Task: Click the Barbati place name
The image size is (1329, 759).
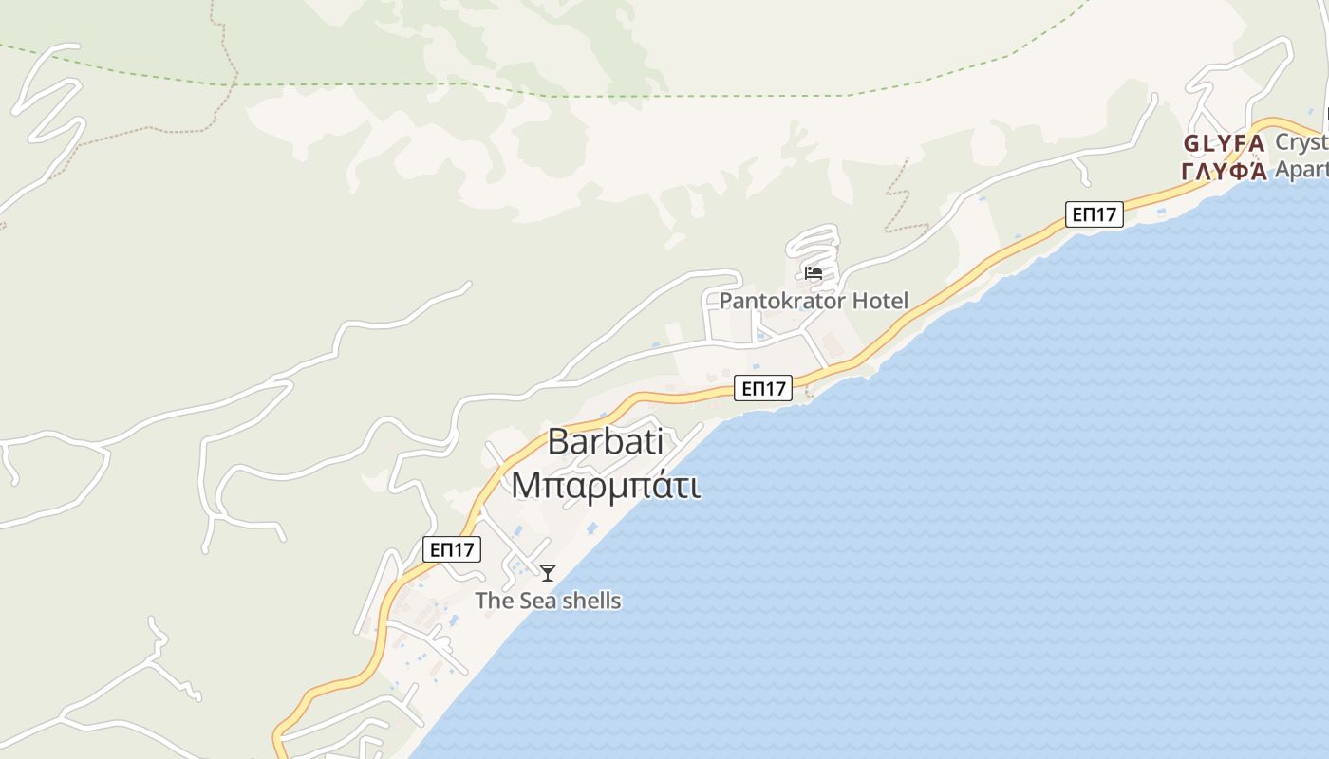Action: (606, 442)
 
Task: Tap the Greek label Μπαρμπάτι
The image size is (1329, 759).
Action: (606, 485)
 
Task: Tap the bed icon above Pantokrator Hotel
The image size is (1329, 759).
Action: (814, 273)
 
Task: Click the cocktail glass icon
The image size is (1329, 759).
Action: (548, 572)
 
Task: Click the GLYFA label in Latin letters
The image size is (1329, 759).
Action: (1224, 145)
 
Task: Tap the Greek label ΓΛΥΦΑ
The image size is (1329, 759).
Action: (1224, 172)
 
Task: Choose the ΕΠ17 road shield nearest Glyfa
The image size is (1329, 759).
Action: (1094, 214)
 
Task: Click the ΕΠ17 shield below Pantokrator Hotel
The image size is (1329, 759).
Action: (763, 387)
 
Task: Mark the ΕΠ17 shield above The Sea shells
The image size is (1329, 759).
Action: (452, 548)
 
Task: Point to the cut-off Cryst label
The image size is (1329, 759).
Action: (1301, 142)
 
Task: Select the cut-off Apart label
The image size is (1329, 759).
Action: (1301, 169)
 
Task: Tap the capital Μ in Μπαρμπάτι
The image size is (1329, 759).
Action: (527, 485)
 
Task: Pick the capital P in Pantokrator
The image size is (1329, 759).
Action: (726, 302)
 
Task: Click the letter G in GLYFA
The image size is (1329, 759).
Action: (1190, 145)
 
